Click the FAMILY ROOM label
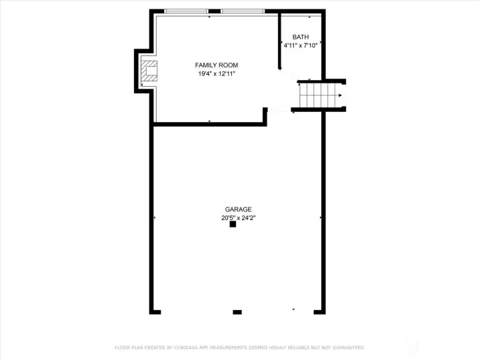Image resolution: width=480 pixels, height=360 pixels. pyautogui.click(x=216, y=65)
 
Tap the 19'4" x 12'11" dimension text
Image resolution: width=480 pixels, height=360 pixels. pyautogui.click(x=216, y=73)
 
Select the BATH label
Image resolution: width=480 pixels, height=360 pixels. pyautogui.click(x=301, y=37)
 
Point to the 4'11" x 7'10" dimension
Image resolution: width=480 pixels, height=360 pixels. pyautogui.click(x=301, y=46)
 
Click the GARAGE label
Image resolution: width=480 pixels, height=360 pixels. pyautogui.click(x=238, y=209)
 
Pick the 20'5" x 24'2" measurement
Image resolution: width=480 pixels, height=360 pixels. pyautogui.click(x=238, y=217)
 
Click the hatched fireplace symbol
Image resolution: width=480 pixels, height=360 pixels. pyautogui.click(x=150, y=72)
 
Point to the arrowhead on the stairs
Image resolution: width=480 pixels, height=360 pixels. pyautogui.click(x=341, y=95)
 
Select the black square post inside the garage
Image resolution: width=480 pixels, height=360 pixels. pyautogui.click(x=233, y=225)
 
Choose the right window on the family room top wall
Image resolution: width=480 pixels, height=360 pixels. pyautogui.click(x=243, y=11)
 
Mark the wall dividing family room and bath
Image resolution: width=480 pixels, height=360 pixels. pyautogui.click(x=279, y=40)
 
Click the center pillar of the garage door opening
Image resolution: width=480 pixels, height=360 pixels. pyautogui.click(x=237, y=311)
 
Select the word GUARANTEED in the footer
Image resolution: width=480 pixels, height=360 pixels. pyautogui.click(x=348, y=347)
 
